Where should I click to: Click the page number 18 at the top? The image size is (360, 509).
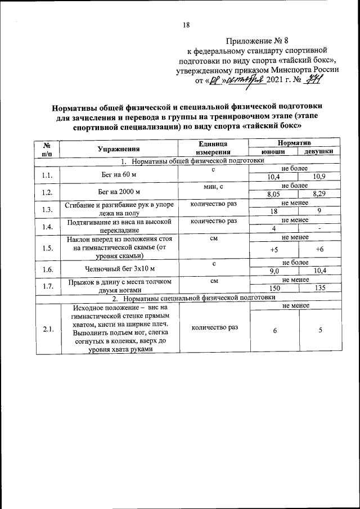coord(186,25)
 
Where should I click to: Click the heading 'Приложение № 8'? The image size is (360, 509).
coord(256,40)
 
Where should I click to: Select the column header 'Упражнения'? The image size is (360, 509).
coord(118,148)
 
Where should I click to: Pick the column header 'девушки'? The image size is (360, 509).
coord(318,152)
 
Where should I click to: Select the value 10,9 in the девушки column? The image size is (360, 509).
coord(319,177)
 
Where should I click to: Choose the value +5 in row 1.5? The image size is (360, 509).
coord(274,249)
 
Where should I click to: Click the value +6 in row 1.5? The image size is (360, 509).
coord(319,249)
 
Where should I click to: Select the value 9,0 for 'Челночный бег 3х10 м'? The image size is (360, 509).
coord(274,271)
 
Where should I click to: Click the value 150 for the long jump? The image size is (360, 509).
coord(274,288)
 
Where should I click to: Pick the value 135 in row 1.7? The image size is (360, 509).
coord(319,288)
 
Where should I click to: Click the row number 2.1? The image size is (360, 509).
coord(47,329)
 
